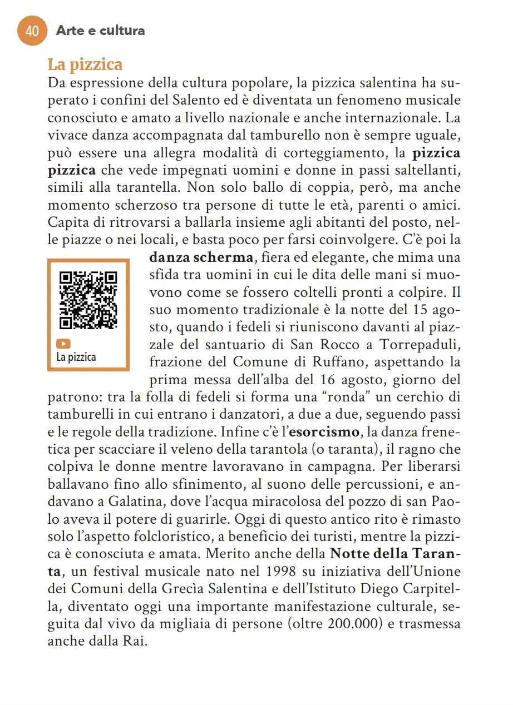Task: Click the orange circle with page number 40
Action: click(x=33, y=31)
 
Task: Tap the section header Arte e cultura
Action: click(x=100, y=31)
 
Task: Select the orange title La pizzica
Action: click(x=85, y=64)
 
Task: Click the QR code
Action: click(x=88, y=300)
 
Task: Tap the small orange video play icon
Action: click(x=65, y=344)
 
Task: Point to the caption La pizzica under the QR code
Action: click(x=76, y=357)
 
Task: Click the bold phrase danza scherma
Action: click(x=201, y=257)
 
